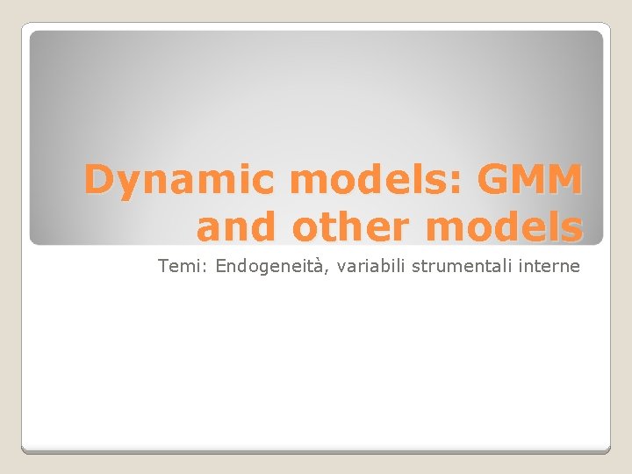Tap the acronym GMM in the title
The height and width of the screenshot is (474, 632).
(530, 180)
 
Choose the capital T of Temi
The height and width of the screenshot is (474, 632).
(163, 266)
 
